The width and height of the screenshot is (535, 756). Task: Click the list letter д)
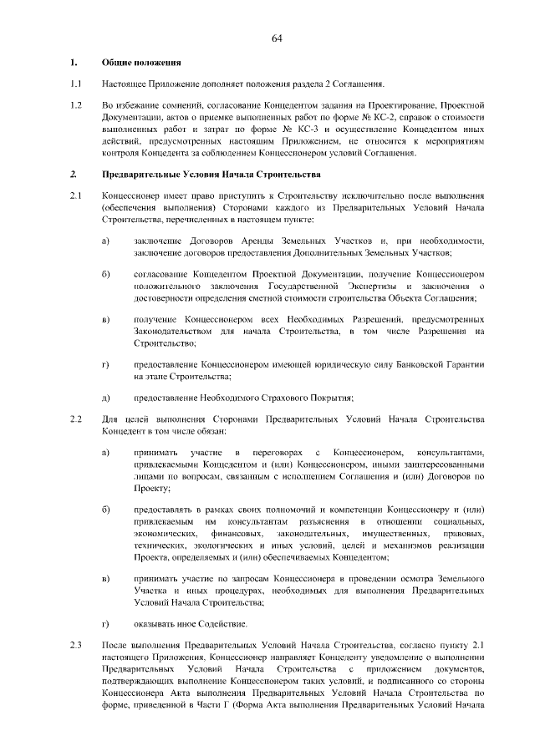click(107, 397)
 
